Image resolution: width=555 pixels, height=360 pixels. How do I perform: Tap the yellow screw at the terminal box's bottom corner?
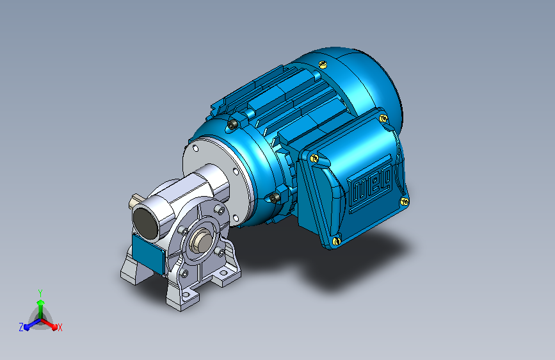coord(336,241)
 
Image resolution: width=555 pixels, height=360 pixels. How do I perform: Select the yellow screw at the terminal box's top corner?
coord(383,119)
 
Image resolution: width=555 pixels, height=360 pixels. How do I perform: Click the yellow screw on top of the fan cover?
coord(323,64)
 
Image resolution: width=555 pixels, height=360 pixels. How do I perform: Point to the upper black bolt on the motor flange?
coord(232,124)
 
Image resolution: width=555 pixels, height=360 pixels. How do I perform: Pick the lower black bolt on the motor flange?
coord(275,198)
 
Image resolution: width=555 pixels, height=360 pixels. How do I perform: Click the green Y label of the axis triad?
coord(40,293)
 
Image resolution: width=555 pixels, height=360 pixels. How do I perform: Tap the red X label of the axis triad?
coord(60,327)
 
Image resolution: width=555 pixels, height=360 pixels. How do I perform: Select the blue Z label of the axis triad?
coord(21,327)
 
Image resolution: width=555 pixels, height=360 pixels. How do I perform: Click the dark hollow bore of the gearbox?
coord(146,224)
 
